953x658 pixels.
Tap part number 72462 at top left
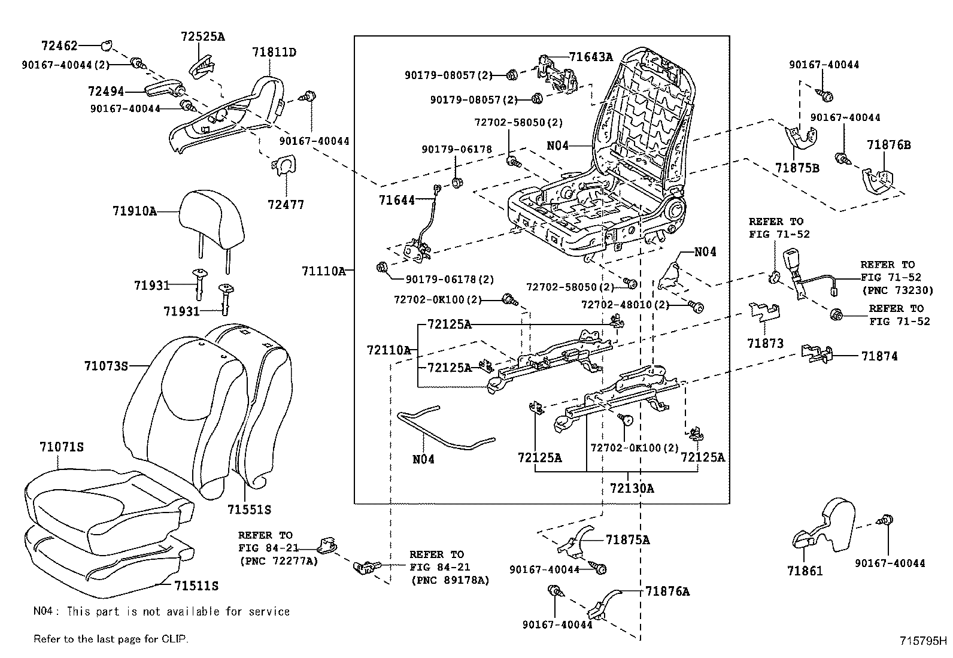60,45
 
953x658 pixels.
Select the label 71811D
274,52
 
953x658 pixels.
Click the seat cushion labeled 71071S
108,503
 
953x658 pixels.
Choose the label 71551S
249,510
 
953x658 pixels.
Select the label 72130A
632,488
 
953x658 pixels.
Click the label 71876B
889,145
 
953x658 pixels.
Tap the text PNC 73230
896,290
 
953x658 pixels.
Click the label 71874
879,356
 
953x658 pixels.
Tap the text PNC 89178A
450,580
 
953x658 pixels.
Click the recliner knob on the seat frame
676,211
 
